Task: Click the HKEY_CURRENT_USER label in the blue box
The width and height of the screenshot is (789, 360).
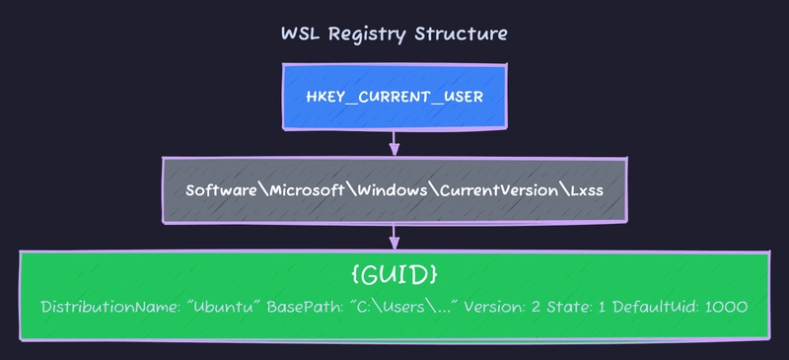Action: tap(394, 99)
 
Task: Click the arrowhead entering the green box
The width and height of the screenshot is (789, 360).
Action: tap(394, 243)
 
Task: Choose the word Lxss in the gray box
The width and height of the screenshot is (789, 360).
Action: tap(583, 189)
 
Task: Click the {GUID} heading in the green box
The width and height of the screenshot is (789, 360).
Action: tap(394, 272)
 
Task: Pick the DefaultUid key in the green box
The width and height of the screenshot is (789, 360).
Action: tap(656, 307)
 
